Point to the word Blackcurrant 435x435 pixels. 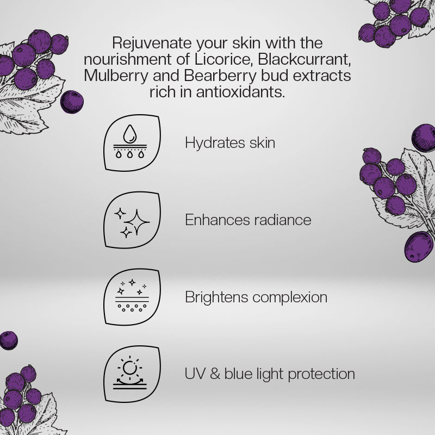pos(304,59)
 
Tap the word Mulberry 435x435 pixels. pos(116,76)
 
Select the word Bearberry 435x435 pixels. pos(220,76)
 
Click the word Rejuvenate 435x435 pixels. pos(152,43)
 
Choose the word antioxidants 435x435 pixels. pos(240,92)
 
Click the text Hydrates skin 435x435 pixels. pos(230,143)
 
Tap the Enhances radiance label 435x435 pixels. pos(248,220)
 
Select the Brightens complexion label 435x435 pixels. pos(256,297)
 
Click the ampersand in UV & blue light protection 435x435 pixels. pos(215,374)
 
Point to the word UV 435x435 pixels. pos(195,374)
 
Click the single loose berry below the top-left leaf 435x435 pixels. pos(72,102)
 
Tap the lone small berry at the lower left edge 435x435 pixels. pos(8,340)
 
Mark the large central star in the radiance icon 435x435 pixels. pos(137,222)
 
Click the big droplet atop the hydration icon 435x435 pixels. pos(130,134)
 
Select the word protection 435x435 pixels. pos(321,375)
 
